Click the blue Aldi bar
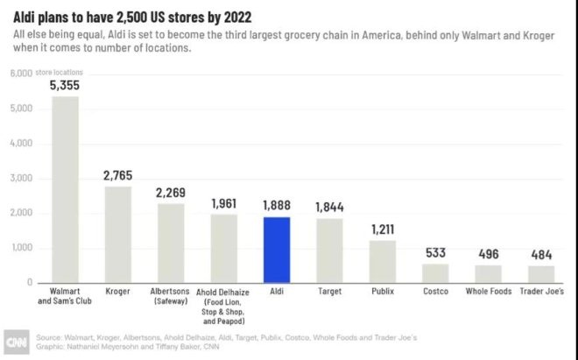coord(277,251)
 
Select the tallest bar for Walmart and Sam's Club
coord(65,189)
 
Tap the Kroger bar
coord(118,235)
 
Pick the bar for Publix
coord(383,262)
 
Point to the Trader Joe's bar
coord(541,274)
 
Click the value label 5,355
coord(65,86)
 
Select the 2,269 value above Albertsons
coord(170,193)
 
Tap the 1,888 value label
coord(277,206)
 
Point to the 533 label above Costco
coord(435,253)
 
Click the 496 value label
coord(489,254)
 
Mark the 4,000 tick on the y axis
coord(21,143)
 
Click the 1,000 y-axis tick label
coord(22,248)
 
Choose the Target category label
coord(329,292)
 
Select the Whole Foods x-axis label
coord(489,292)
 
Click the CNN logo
coord(17,342)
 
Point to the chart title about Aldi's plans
coord(132,18)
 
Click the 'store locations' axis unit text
coord(59,73)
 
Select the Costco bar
coord(435,273)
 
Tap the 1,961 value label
coord(223,203)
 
